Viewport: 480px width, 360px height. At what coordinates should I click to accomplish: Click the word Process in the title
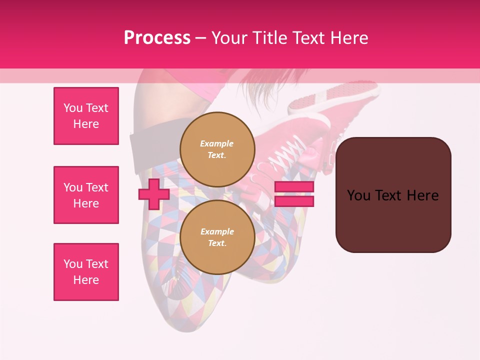pos(157,38)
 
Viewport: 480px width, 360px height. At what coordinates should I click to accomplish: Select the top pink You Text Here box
pos(86,116)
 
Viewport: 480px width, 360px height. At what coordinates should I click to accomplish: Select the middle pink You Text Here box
pos(86,195)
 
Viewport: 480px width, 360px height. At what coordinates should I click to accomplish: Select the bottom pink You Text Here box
pos(86,272)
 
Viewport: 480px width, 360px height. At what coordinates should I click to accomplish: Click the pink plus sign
pos(153,194)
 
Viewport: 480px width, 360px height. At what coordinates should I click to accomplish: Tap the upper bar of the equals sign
pos(294,187)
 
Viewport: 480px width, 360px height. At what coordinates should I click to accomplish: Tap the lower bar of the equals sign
pos(294,201)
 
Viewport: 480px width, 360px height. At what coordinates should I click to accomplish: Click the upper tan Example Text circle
pos(217,149)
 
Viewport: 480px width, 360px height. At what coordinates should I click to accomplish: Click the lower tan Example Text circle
pos(217,237)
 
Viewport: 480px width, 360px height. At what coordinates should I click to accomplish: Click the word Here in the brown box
pos(422,195)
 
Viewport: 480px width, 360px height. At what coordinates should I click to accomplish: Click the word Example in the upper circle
pos(217,143)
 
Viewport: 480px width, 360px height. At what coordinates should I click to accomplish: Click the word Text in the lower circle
pos(217,243)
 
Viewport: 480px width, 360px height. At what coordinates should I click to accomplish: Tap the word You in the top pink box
pos(72,108)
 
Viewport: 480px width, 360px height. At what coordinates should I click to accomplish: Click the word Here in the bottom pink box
pos(86,280)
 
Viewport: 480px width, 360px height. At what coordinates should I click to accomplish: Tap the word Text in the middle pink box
pos(96,187)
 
